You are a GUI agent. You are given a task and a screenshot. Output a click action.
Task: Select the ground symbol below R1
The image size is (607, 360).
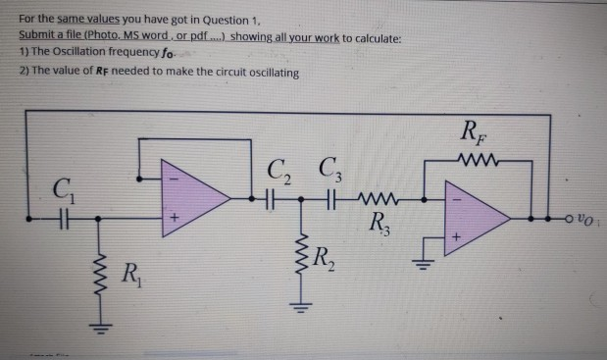(100, 324)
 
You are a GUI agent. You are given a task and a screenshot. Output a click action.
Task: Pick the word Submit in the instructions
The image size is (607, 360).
(37, 35)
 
